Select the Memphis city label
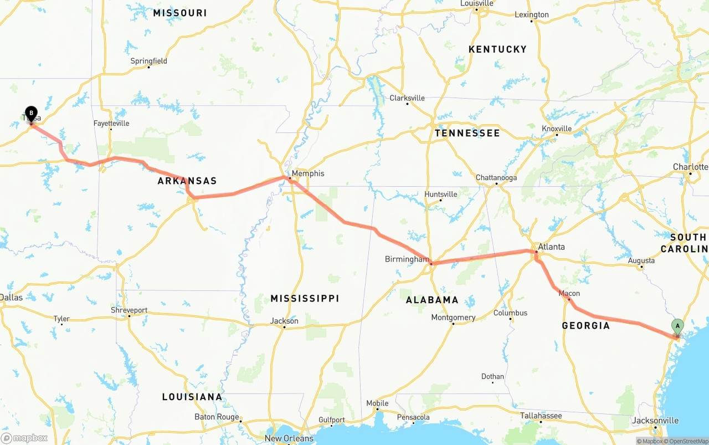click(x=308, y=173)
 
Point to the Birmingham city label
click(x=407, y=259)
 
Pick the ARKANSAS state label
click(x=187, y=181)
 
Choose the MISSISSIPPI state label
click(x=305, y=299)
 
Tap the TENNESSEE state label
click(x=467, y=133)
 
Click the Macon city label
click(x=569, y=293)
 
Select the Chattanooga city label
click(x=496, y=178)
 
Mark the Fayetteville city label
click(x=111, y=123)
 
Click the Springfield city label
click(x=149, y=61)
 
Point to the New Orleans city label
click(x=289, y=438)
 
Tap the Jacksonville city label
click(x=655, y=421)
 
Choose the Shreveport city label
click(x=129, y=310)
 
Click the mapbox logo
click(x=24, y=438)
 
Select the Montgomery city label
click(x=453, y=318)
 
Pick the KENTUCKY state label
click(x=497, y=49)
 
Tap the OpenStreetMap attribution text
click(x=687, y=441)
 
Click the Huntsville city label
click(x=441, y=194)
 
